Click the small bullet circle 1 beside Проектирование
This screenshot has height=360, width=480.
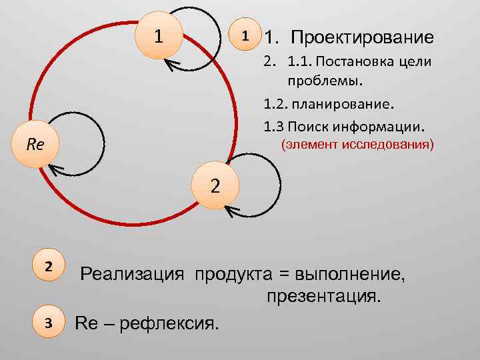pos(245,37)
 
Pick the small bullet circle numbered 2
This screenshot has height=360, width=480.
pos(48,266)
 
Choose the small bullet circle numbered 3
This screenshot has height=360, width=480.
pos(48,323)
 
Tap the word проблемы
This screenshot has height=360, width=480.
pos(326,81)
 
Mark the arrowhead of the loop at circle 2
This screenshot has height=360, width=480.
pos(230,211)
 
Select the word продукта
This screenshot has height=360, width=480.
pos(233,274)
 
